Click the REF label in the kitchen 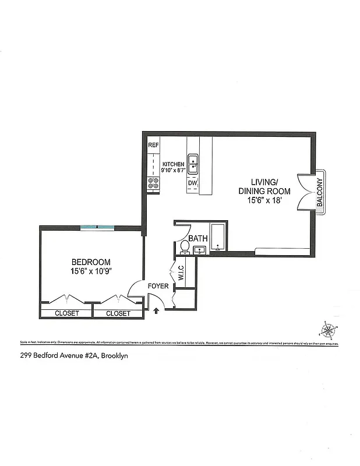coord(154,145)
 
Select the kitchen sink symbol coord(193,164)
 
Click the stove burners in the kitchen coord(154,184)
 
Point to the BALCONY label coord(320,193)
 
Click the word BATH coord(198,238)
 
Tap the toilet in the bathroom coord(184,247)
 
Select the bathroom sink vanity coord(200,251)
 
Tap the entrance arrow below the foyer coord(156,312)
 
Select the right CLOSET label coord(118,313)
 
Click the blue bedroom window coord(97,227)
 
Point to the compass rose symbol coord(328,330)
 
